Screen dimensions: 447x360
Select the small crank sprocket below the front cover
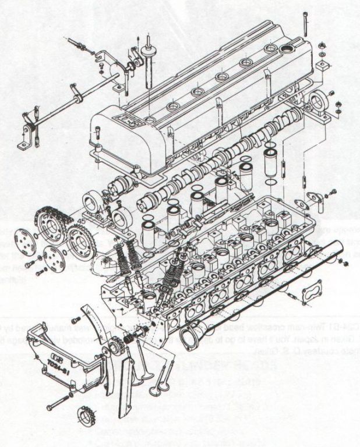(86, 418)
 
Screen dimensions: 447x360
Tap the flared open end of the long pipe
(190, 338)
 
